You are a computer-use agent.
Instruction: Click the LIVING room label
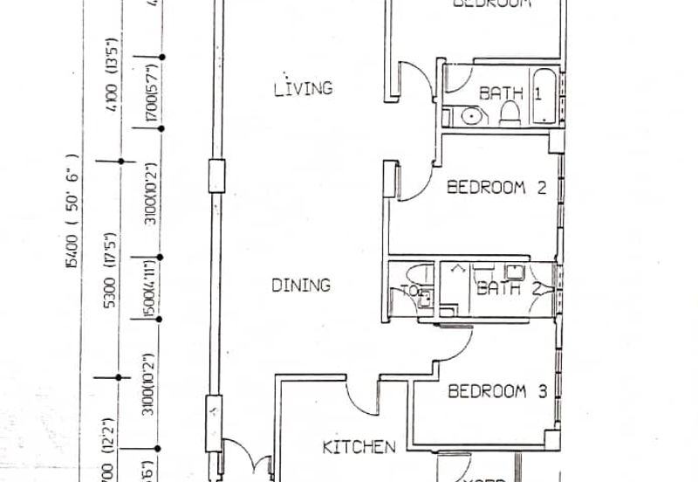tap(303, 88)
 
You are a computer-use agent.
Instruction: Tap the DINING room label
tap(300, 285)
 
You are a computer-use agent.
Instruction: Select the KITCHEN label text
tap(359, 447)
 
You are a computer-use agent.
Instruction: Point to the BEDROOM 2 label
tap(497, 187)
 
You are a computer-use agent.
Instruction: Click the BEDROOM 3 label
tap(497, 391)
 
